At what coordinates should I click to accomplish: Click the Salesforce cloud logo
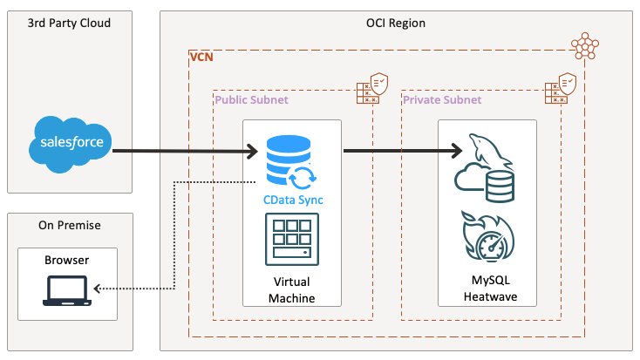(x=71, y=141)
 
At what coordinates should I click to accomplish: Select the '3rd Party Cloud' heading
(x=71, y=23)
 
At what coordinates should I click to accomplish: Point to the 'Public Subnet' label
(x=251, y=100)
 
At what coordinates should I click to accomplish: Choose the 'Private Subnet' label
(x=441, y=100)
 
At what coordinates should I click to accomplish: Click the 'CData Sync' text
(x=293, y=200)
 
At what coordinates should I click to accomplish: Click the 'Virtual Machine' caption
(x=292, y=290)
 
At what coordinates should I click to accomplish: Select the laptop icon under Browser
(x=67, y=290)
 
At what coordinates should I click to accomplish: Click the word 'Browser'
(x=67, y=260)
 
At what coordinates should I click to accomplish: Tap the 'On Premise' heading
(x=70, y=225)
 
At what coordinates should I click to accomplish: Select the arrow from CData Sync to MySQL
(x=401, y=151)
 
